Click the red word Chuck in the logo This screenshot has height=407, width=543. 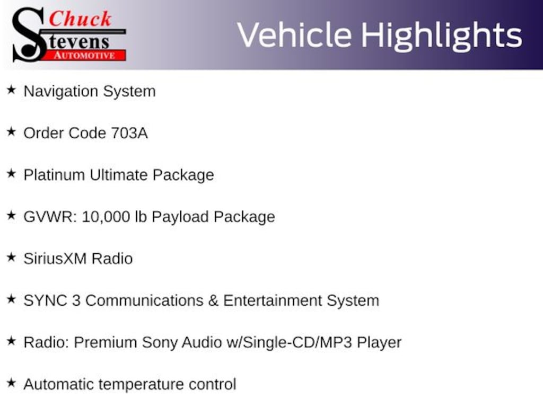point(80,19)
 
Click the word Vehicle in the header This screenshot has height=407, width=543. point(294,35)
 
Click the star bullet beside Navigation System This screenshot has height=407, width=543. point(12,90)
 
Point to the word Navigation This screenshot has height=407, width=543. point(61,92)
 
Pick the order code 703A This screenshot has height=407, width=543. point(129,133)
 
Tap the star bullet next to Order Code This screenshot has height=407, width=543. point(12,132)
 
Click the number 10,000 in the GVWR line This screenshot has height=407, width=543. point(106,217)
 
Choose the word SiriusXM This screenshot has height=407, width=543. point(55,259)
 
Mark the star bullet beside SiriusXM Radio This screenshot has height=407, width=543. point(12,258)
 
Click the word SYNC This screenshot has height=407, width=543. point(46,300)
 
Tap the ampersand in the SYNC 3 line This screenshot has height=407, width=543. point(213,300)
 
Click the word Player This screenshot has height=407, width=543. point(379,343)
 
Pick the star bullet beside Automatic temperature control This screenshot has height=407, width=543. point(12,383)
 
